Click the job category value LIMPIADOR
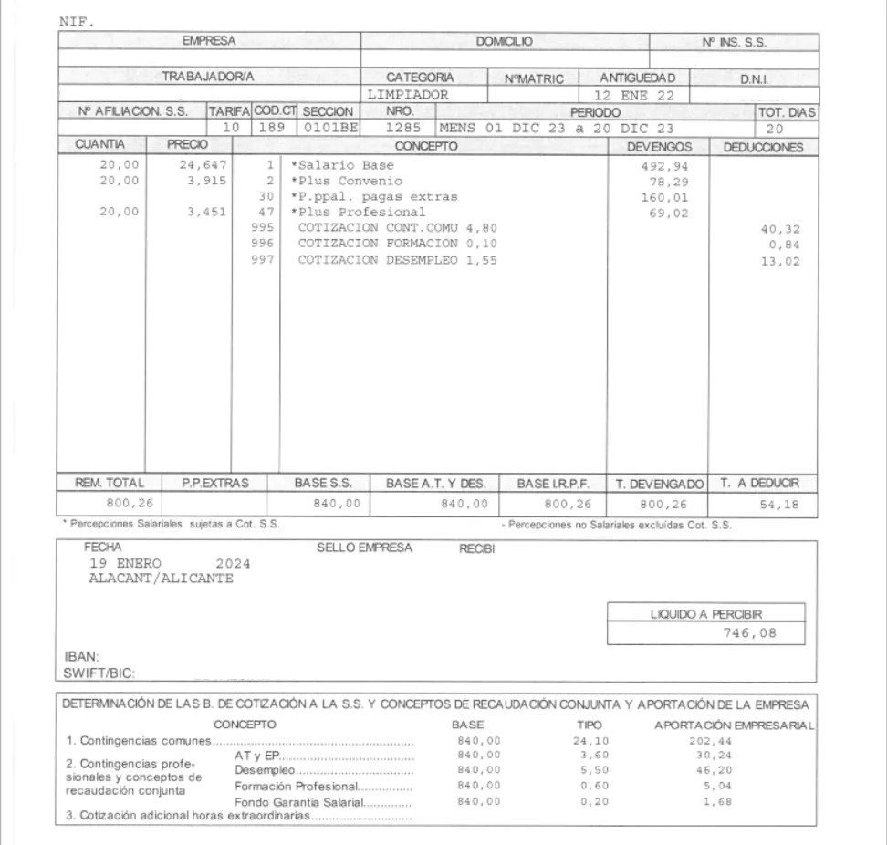pos(407,94)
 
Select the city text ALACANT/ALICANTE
pos(161,578)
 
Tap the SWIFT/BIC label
pos(91,674)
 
